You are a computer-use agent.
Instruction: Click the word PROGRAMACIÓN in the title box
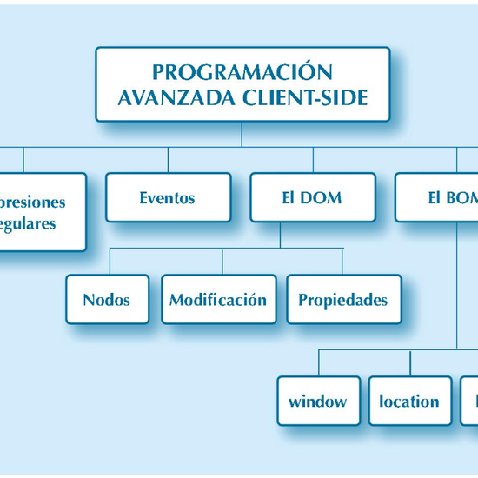click(242, 71)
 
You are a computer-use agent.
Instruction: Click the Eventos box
click(168, 197)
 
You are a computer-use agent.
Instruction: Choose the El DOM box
click(312, 197)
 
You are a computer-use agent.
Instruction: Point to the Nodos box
click(107, 300)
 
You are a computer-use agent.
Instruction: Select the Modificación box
click(218, 300)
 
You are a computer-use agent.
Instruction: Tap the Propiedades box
click(343, 300)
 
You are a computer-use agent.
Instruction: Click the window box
click(318, 401)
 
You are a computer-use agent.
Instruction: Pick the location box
click(409, 401)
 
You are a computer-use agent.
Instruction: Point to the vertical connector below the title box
click(242, 135)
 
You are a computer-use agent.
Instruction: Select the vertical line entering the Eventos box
click(168, 160)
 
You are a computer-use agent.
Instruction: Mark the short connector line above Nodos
click(109, 262)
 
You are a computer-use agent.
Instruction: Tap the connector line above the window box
click(318, 362)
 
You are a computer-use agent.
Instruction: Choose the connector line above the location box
click(409, 362)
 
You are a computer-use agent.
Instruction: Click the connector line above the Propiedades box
click(343, 262)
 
